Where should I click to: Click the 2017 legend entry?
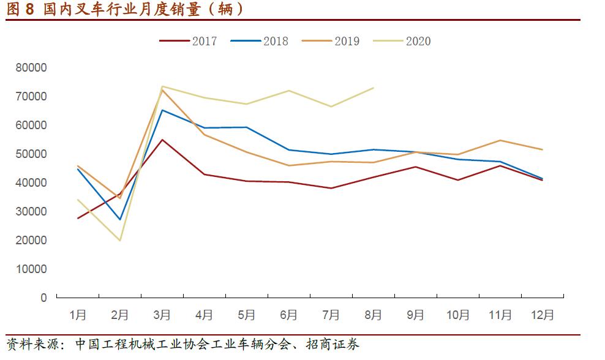click(189, 41)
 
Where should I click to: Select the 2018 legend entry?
click(260, 41)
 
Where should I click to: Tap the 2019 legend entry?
click(331, 41)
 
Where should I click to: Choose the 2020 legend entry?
click(403, 41)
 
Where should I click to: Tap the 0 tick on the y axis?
click(43, 298)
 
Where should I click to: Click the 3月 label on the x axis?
click(162, 315)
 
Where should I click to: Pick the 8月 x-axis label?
click(373, 315)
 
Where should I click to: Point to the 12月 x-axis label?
click(542, 315)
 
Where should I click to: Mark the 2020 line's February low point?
click(120, 240)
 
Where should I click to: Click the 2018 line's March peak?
click(162, 110)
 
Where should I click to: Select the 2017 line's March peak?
click(162, 140)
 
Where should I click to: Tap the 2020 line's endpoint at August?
click(374, 88)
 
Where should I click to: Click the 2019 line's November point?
click(500, 140)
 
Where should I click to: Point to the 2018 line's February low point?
click(120, 219)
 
